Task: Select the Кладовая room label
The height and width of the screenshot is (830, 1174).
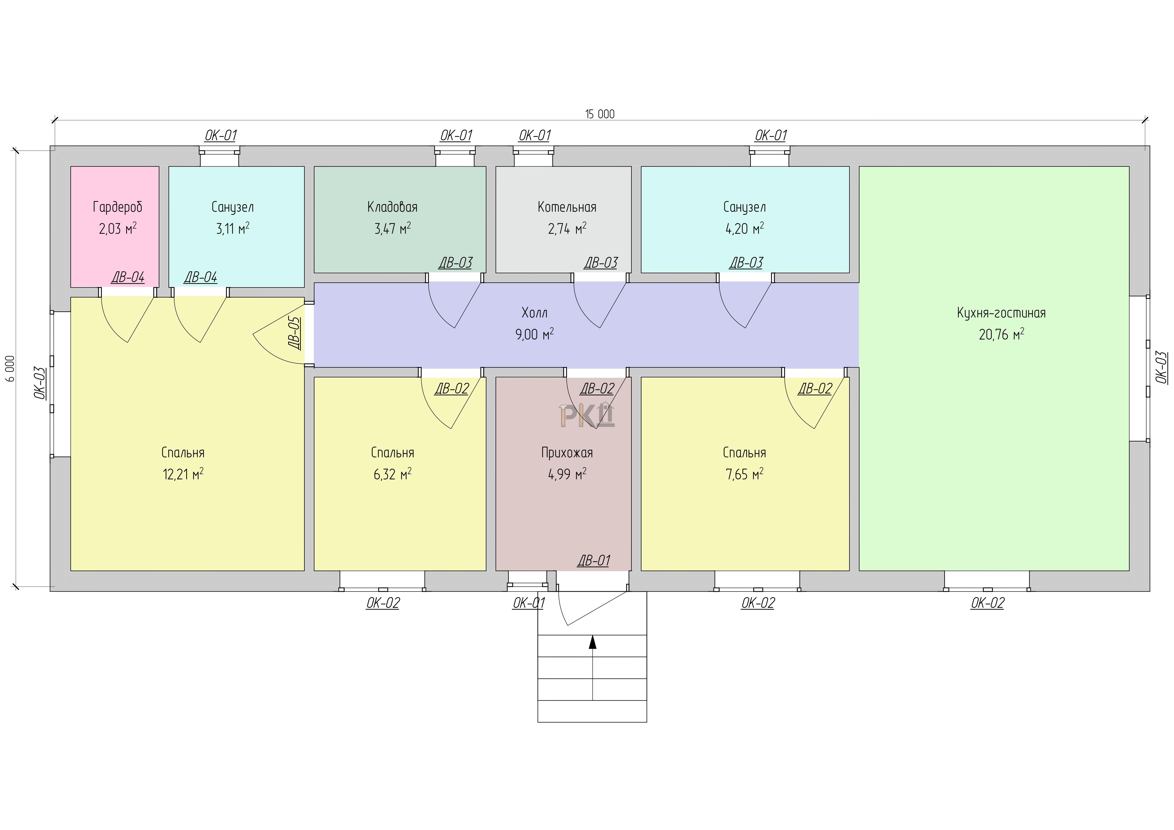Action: (392, 207)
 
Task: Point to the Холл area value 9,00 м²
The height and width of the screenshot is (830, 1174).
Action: (534, 334)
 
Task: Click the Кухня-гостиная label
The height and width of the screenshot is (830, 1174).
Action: (1001, 313)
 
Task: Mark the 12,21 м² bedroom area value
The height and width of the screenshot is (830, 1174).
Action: (183, 474)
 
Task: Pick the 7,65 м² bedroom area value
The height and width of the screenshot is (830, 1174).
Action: (744, 474)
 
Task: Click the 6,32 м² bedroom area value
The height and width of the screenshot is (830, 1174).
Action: (392, 474)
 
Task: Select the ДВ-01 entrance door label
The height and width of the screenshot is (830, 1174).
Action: (594, 561)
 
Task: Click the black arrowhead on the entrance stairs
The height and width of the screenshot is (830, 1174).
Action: (593, 642)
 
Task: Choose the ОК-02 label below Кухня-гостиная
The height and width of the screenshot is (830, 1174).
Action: (987, 603)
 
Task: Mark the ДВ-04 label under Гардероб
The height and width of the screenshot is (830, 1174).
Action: (128, 278)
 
